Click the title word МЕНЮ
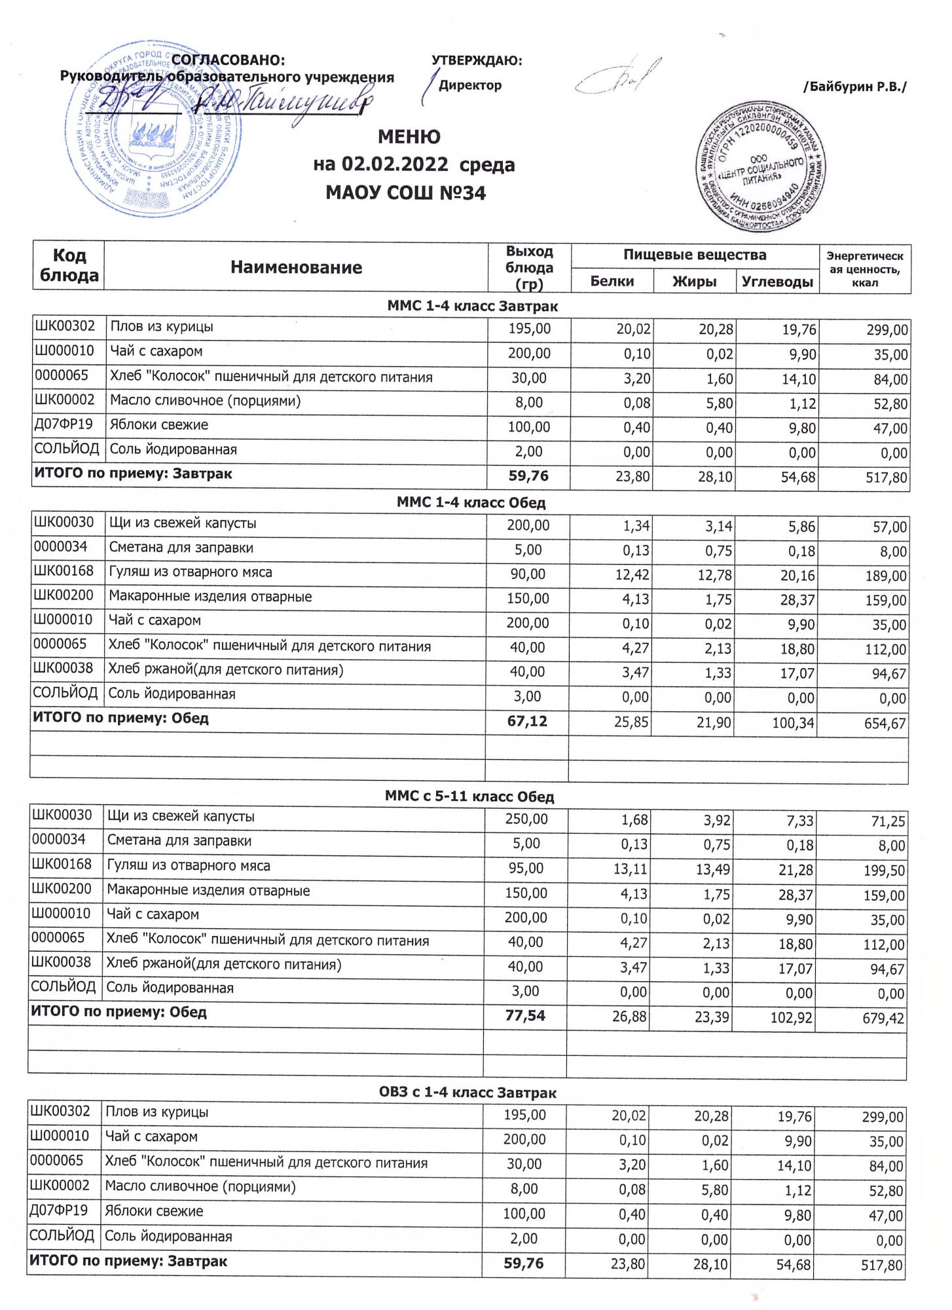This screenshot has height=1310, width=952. pyautogui.click(x=409, y=137)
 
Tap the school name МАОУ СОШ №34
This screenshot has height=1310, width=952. pyautogui.click(x=406, y=193)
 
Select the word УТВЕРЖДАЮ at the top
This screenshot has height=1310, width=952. pyautogui.click(x=477, y=61)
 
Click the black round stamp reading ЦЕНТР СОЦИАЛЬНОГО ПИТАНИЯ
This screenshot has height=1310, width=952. pyautogui.click(x=760, y=168)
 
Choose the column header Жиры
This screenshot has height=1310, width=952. pyautogui.click(x=694, y=282)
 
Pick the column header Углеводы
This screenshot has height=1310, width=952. pyautogui.click(x=778, y=282)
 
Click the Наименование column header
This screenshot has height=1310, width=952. pyautogui.click(x=296, y=267)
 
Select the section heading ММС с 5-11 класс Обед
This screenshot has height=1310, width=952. pyautogui.click(x=469, y=797)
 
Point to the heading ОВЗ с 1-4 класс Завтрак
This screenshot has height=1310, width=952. pyautogui.click(x=467, y=1093)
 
